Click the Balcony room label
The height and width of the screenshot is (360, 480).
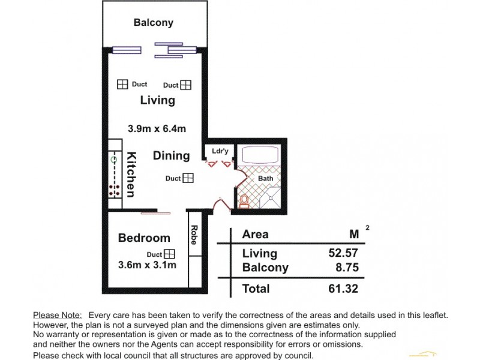point(153,23)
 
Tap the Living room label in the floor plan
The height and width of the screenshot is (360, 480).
point(157,100)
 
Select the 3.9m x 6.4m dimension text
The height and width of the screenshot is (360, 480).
point(157,128)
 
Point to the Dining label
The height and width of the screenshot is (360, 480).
point(171,156)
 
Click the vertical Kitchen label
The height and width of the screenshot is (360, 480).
point(130,174)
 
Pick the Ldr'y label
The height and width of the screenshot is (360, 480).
point(217,151)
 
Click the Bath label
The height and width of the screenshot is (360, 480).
point(265,178)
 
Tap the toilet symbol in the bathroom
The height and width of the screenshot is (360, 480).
point(244,200)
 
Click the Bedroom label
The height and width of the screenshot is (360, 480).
point(144,238)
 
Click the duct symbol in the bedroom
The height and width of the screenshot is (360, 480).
point(169,254)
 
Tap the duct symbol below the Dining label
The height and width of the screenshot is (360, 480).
point(188,178)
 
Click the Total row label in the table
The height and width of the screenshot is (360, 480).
point(256,289)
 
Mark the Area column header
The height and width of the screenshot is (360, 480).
point(255,234)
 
